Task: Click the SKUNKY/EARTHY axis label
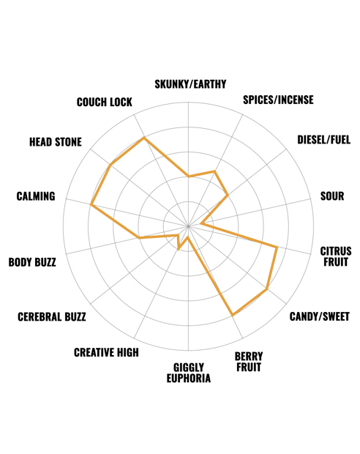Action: [x=190, y=84]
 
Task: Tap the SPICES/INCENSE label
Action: [x=278, y=100]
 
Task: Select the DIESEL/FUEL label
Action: [x=324, y=140]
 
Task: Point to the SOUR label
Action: [x=332, y=196]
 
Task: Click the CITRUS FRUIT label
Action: [x=336, y=256]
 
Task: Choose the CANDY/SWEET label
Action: [x=320, y=316]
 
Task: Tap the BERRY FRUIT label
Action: [x=249, y=362]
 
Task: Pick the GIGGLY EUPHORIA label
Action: [x=189, y=373]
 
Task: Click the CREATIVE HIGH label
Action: [x=106, y=352]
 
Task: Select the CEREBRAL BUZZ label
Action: [x=52, y=317]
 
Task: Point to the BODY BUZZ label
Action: [x=32, y=262]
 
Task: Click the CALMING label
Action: [x=36, y=196]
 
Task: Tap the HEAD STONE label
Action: [x=56, y=142]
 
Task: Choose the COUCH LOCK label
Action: [x=105, y=103]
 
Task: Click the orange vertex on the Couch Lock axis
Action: [x=144, y=138]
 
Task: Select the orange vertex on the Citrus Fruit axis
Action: [x=277, y=248]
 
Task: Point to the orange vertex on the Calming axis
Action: [x=91, y=205]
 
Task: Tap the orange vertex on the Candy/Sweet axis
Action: [x=267, y=289]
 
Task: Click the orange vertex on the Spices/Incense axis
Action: [x=214, y=171]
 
